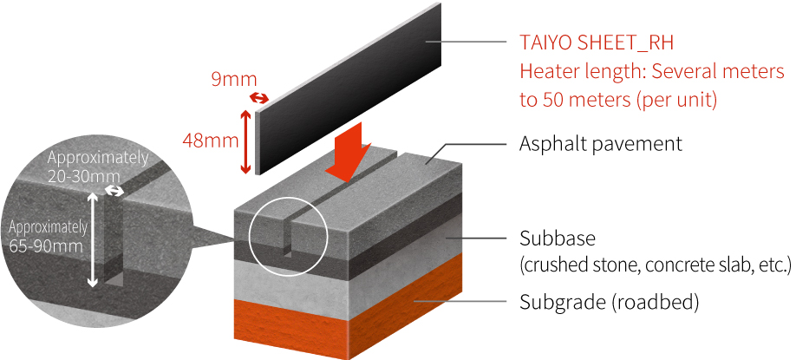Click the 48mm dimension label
206,140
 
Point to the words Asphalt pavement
600,143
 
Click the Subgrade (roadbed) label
609,303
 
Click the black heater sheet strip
347,87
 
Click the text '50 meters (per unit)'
630,99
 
